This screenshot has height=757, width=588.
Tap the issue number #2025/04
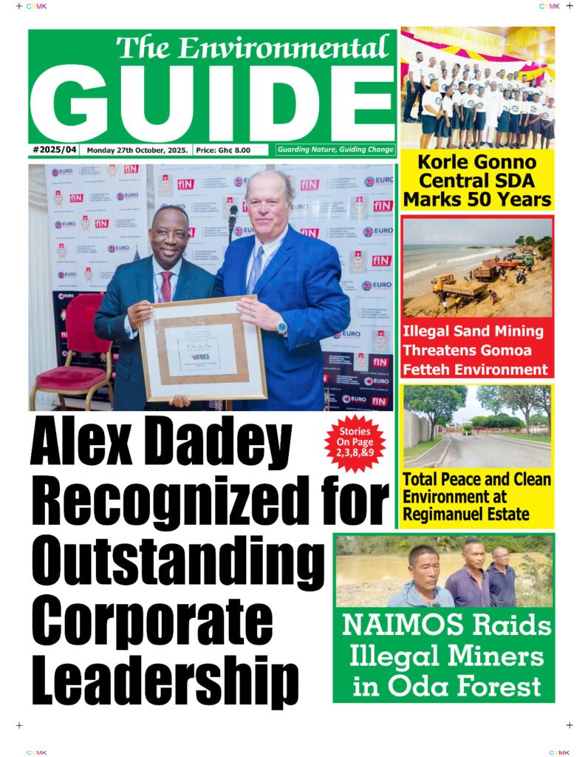[55, 150]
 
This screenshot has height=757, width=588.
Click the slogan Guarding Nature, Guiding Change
[335, 150]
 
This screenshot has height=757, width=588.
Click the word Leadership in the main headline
[165, 675]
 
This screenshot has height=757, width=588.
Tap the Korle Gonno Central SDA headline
[477, 180]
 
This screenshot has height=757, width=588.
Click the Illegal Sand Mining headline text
[477, 350]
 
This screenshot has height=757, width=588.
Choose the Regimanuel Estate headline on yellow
[477, 496]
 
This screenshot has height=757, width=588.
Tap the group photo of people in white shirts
[477, 96]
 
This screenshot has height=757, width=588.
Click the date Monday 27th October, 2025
[137, 150]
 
